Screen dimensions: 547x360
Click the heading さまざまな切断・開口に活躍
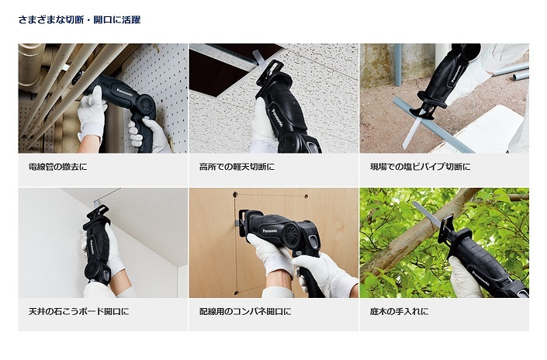tap(79, 19)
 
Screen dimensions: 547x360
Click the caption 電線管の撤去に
tap(57, 167)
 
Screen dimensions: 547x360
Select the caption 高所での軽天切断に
tap(237, 167)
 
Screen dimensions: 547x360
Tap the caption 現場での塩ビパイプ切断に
tap(420, 167)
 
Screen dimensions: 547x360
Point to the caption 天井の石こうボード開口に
tap(78, 311)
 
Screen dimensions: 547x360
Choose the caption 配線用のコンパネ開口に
tap(245, 311)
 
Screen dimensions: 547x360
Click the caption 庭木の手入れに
tap(399, 311)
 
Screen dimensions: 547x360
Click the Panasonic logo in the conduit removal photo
tap(125, 92)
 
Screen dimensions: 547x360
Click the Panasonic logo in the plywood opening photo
tap(270, 230)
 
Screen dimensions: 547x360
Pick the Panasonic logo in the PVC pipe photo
tap(456, 74)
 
